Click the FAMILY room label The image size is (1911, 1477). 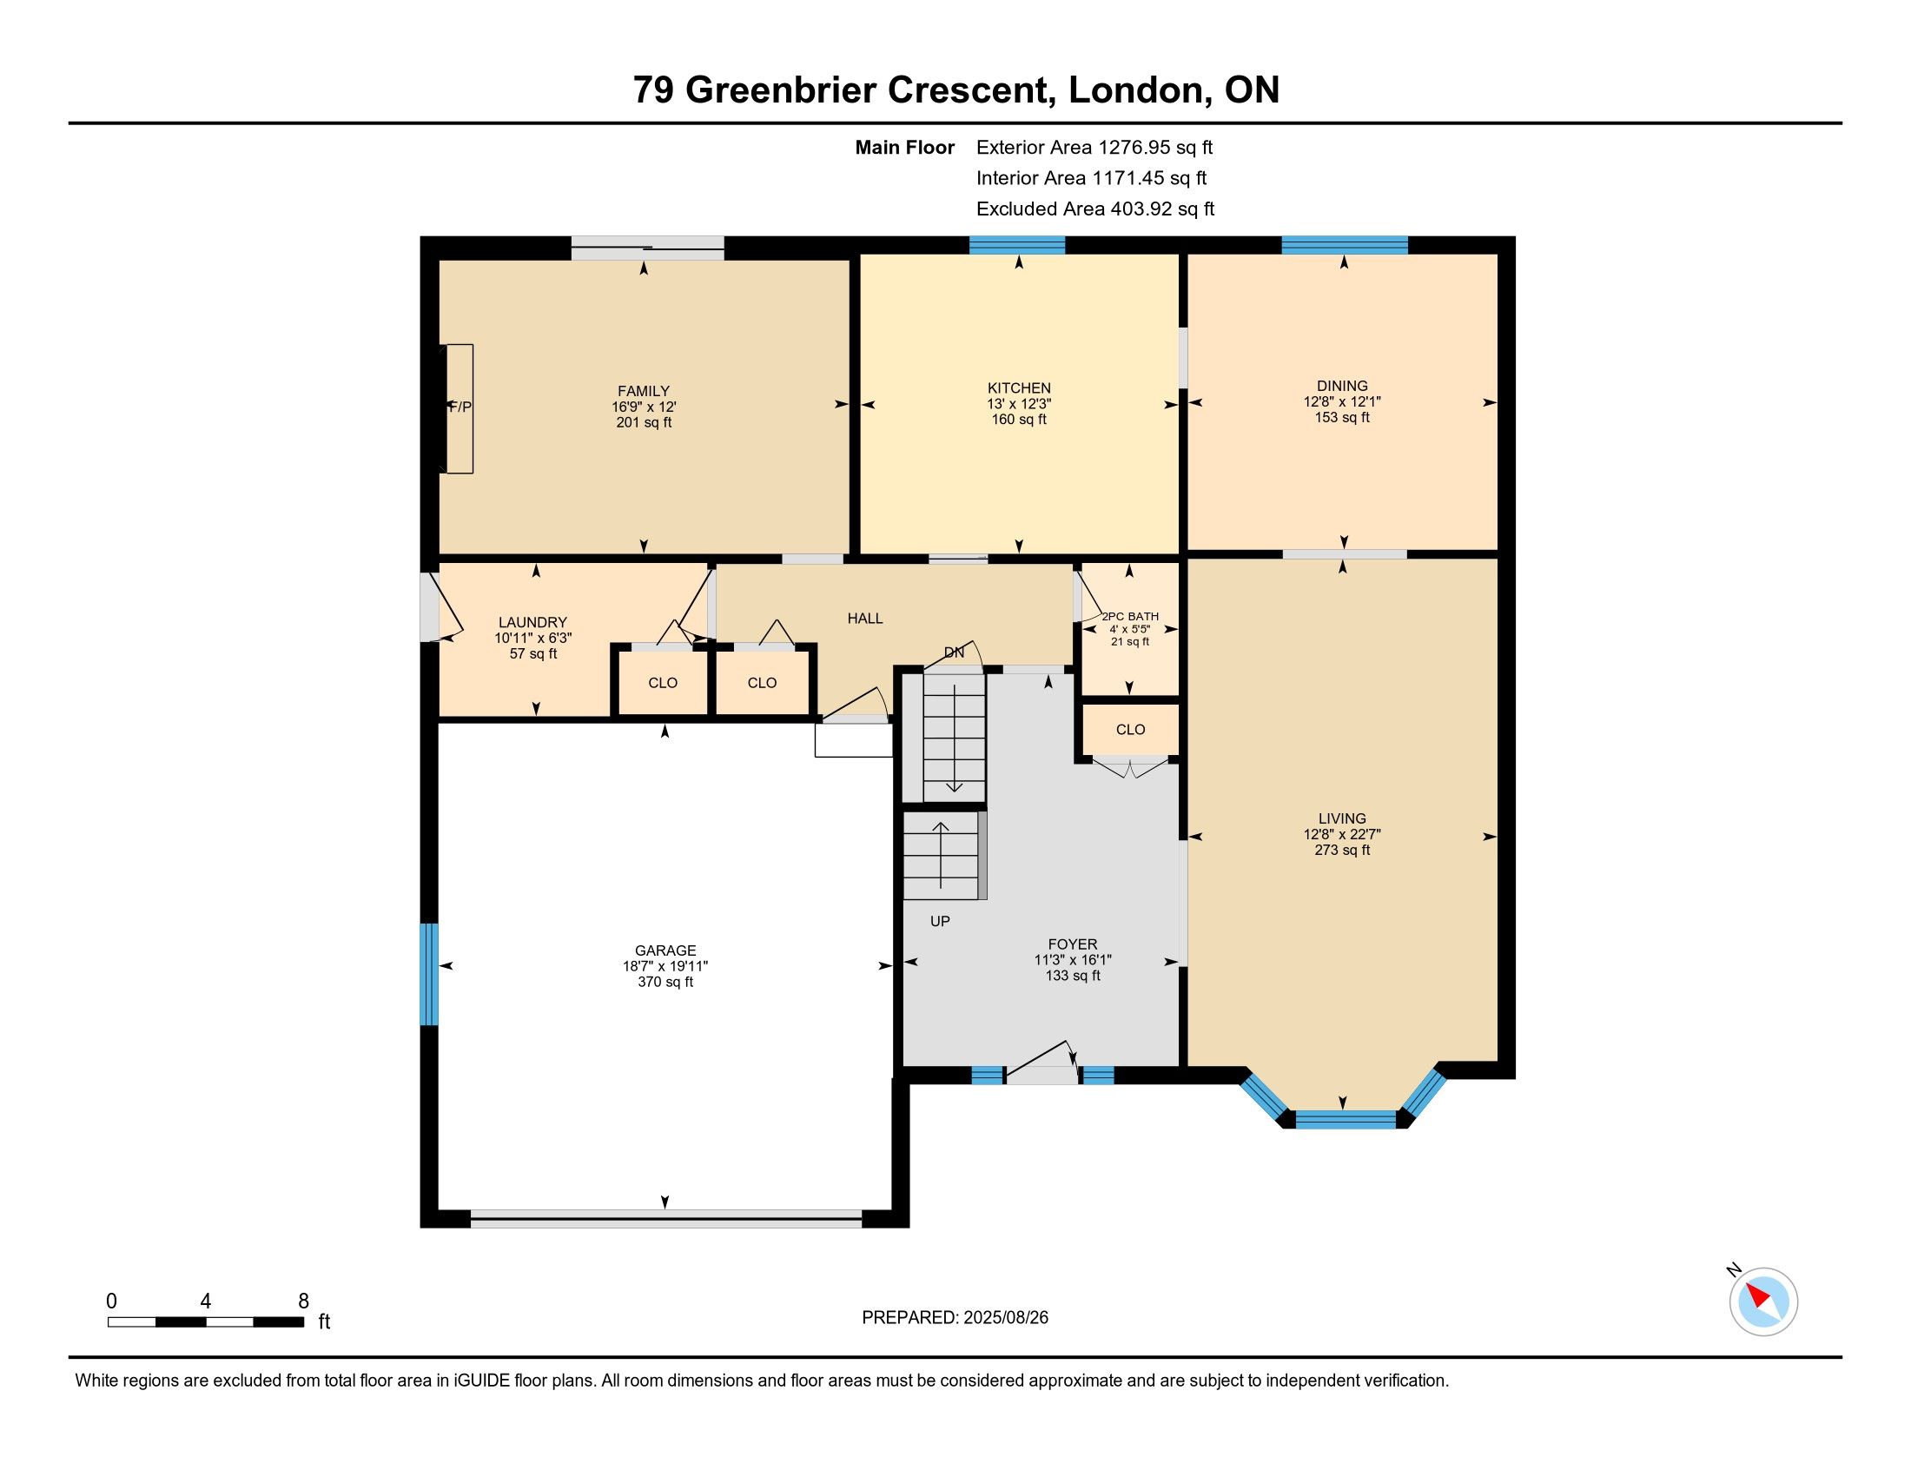[643, 391]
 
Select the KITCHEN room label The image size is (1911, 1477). [1019, 387]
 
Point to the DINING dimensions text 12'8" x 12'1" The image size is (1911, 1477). [1341, 401]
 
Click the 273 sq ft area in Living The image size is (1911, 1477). [1341, 850]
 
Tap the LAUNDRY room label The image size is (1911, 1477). [532, 623]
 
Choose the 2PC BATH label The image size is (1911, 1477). [1129, 616]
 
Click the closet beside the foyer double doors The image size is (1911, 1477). [1130, 729]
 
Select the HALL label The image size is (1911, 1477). [864, 619]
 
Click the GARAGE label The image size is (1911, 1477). [665, 950]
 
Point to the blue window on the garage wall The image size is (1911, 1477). [429, 974]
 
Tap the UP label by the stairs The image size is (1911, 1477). [940, 921]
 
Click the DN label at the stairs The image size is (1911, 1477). [954, 652]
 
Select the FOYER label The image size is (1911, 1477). [1072, 944]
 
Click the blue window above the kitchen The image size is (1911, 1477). [1017, 245]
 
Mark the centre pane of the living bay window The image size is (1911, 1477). [1346, 1119]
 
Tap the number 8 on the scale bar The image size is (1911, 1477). [304, 1301]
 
